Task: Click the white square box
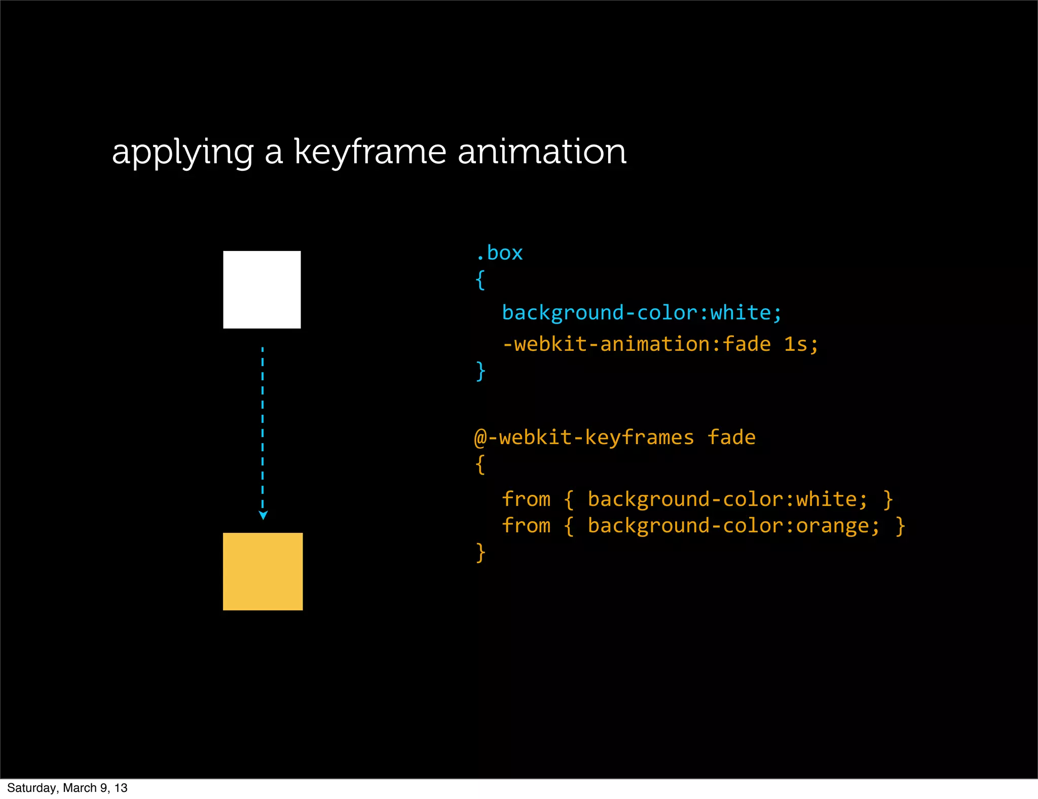262,289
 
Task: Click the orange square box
263,571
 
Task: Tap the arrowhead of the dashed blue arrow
263,516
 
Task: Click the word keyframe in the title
370,152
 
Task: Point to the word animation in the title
542,152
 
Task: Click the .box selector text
499,253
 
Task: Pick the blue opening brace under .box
480,280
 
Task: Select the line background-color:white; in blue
642,313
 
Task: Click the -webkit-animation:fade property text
636,344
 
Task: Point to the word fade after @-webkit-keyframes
731,438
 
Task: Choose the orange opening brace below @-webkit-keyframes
480,464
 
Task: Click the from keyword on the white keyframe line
526,499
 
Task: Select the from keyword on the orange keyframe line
526,526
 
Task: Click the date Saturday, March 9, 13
67,788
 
